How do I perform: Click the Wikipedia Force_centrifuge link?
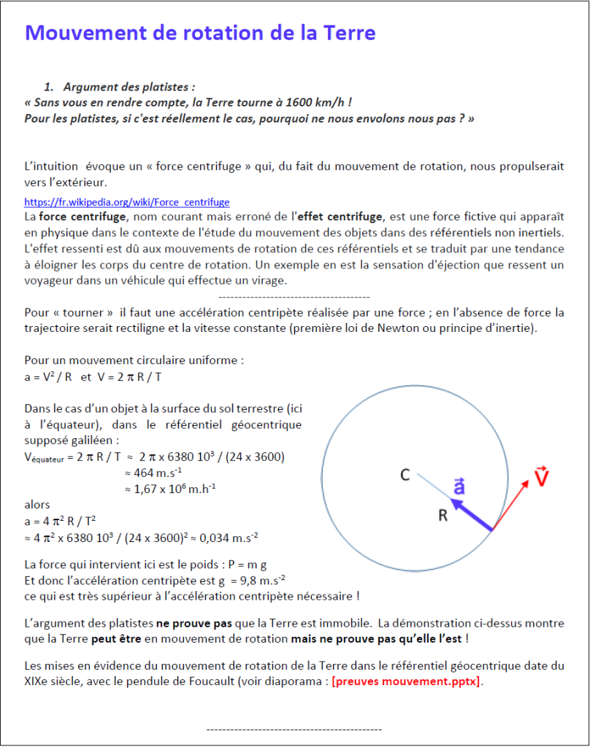127,202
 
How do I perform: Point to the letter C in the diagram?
404,476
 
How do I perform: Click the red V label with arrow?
541,477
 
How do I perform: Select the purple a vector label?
459,487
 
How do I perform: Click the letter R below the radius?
442,516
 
